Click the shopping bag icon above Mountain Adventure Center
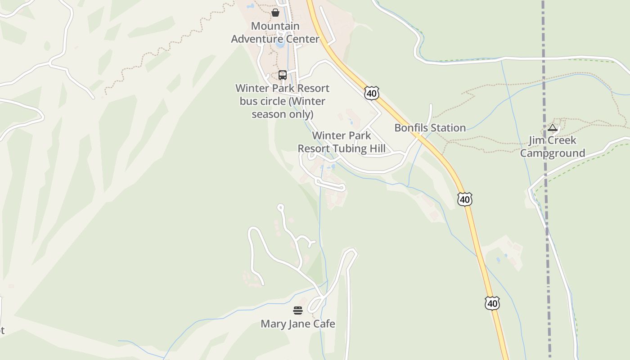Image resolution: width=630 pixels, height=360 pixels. point(275,13)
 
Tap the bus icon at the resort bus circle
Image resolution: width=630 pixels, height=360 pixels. point(283,75)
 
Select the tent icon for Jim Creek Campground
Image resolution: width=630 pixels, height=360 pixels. point(553,128)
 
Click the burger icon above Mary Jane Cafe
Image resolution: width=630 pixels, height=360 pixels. point(298,310)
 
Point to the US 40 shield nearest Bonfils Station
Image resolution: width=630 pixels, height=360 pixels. point(372,94)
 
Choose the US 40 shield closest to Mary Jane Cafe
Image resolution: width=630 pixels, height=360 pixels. point(492,303)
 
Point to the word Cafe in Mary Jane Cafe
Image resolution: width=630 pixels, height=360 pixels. point(325,324)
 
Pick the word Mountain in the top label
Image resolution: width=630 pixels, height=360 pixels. point(275,26)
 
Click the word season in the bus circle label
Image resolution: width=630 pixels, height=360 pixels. point(268,114)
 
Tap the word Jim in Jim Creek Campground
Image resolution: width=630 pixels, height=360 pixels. point(535,140)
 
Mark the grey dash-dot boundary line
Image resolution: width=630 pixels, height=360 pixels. point(546,225)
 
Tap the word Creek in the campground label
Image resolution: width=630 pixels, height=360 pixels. point(561,140)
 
